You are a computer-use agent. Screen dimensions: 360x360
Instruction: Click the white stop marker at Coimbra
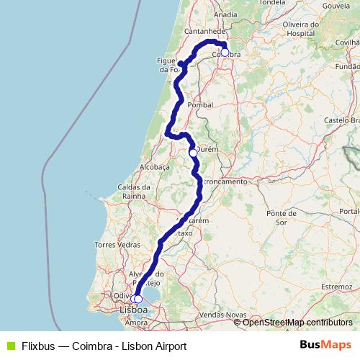225,52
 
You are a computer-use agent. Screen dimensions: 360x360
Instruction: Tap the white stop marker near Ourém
193,153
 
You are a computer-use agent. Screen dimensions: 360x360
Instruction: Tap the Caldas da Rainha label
135,192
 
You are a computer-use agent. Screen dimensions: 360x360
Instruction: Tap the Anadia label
225,14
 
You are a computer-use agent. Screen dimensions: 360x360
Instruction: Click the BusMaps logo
326,346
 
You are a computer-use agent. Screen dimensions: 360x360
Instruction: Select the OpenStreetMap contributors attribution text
297,322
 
